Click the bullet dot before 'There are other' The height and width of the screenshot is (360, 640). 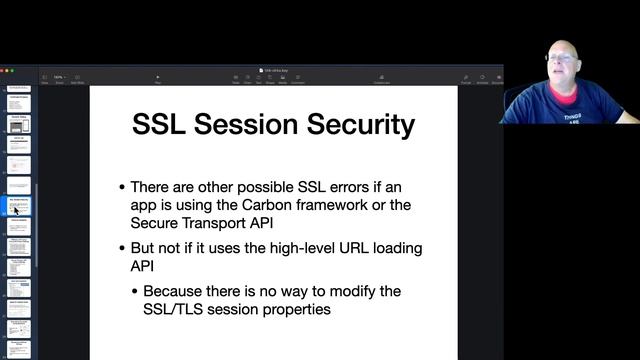point(122,188)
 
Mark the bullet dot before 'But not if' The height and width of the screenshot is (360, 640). point(122,248)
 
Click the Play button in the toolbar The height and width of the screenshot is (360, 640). point(157,79)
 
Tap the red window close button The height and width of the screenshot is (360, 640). point(4,70)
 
